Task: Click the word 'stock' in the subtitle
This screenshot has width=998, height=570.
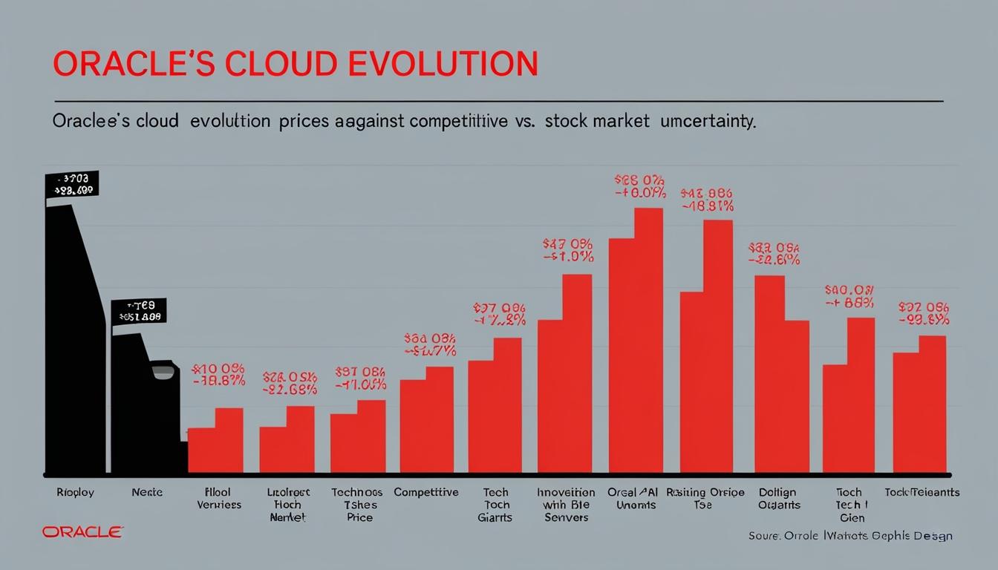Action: [x=567, y=122]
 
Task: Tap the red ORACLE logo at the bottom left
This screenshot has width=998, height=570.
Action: [x=82, y=531]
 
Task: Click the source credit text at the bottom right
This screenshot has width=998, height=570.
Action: [x=849, y=536]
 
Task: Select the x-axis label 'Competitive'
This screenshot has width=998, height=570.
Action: [x=426, y=492]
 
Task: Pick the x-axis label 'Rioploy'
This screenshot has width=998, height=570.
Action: [x=75, y=492]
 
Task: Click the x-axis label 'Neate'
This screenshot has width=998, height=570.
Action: [x=146, y=492]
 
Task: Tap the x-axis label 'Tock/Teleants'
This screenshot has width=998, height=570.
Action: [x=922, y=492]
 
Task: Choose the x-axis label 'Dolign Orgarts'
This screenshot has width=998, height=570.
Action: [x=779, y=498]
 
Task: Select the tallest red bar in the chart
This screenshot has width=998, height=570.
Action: [x=648, y=341]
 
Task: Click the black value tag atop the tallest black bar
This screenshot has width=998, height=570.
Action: [x=71, y=184]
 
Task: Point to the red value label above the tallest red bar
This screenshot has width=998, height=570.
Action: [x=639, y=186]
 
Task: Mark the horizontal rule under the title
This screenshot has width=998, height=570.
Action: [x=498, y=99]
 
